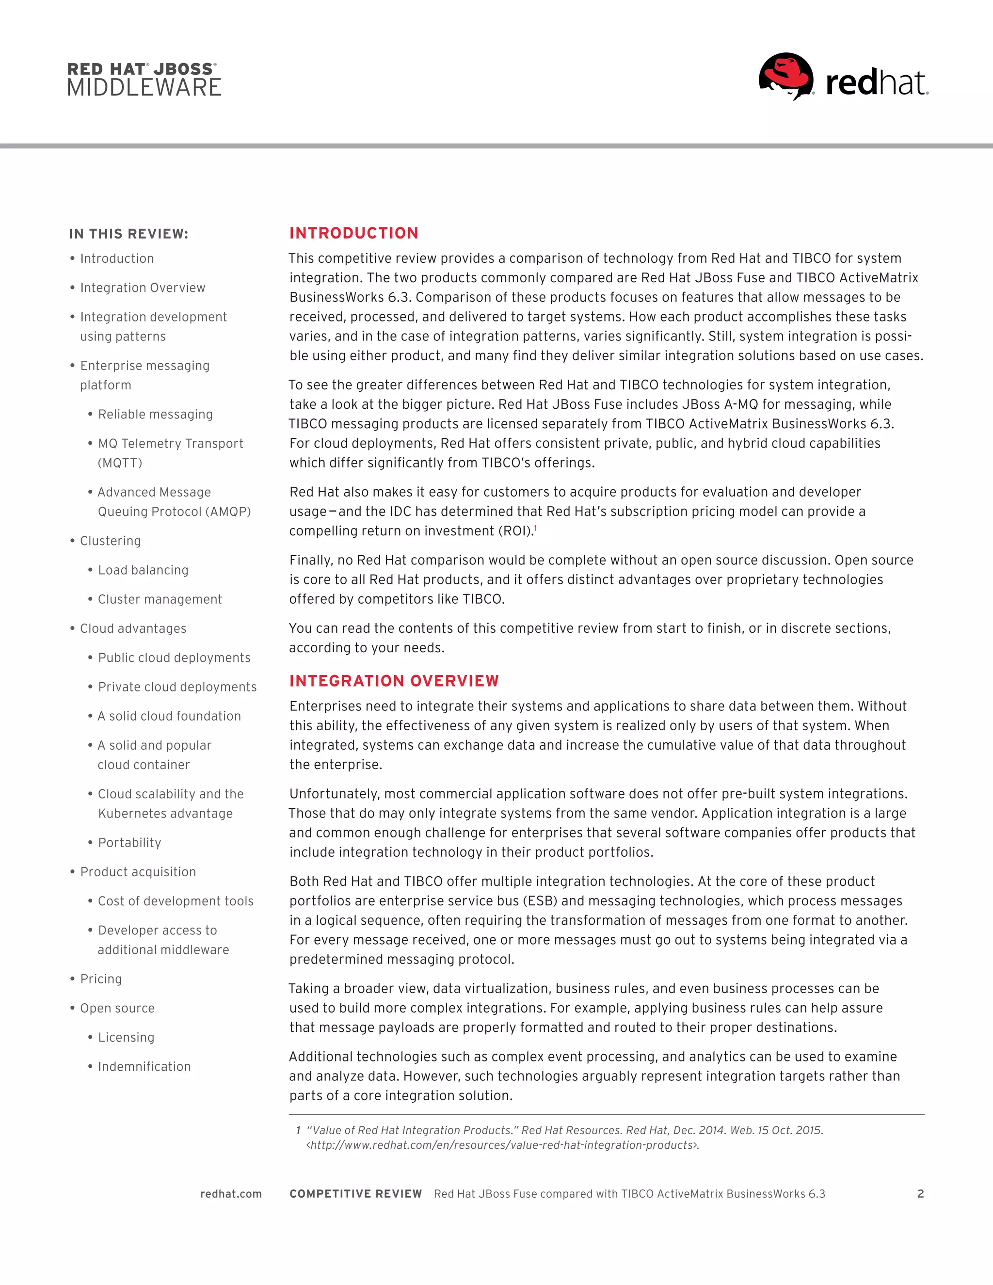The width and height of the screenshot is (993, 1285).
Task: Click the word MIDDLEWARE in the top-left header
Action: pos(144,88)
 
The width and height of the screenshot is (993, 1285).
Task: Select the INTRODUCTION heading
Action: pos(353,233)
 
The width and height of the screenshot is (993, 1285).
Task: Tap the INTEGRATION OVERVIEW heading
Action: pos(394,681)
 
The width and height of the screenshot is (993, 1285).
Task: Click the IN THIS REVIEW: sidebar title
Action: pos(128,234)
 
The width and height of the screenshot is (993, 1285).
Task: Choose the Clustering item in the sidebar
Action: pos(110,541)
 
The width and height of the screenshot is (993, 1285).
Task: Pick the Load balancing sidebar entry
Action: pos(143,570)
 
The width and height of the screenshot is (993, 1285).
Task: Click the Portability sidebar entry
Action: pos(129,843)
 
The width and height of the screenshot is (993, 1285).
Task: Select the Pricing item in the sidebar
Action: pos(100,979)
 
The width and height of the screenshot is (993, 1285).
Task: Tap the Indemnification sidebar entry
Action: pos(144,1067)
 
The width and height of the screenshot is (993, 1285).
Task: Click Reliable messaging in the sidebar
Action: pos(155,414)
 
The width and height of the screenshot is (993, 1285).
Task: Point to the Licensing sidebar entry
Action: pos(126,1037)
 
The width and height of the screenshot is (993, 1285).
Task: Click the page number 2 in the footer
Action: pos(920,1194)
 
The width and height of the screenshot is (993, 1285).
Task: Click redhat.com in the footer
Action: pos(231,1194)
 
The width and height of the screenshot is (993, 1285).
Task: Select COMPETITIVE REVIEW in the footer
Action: pos(355,1194)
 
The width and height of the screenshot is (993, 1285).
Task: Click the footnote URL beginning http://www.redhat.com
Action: pos(502,1145)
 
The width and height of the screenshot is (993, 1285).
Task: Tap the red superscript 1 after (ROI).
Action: pos(535,528)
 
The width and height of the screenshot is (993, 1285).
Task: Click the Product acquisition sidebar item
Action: pos(138,872)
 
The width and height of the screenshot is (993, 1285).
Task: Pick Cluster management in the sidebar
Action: pos(160,599)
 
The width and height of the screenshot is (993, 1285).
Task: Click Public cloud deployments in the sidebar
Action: pos(174,658)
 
